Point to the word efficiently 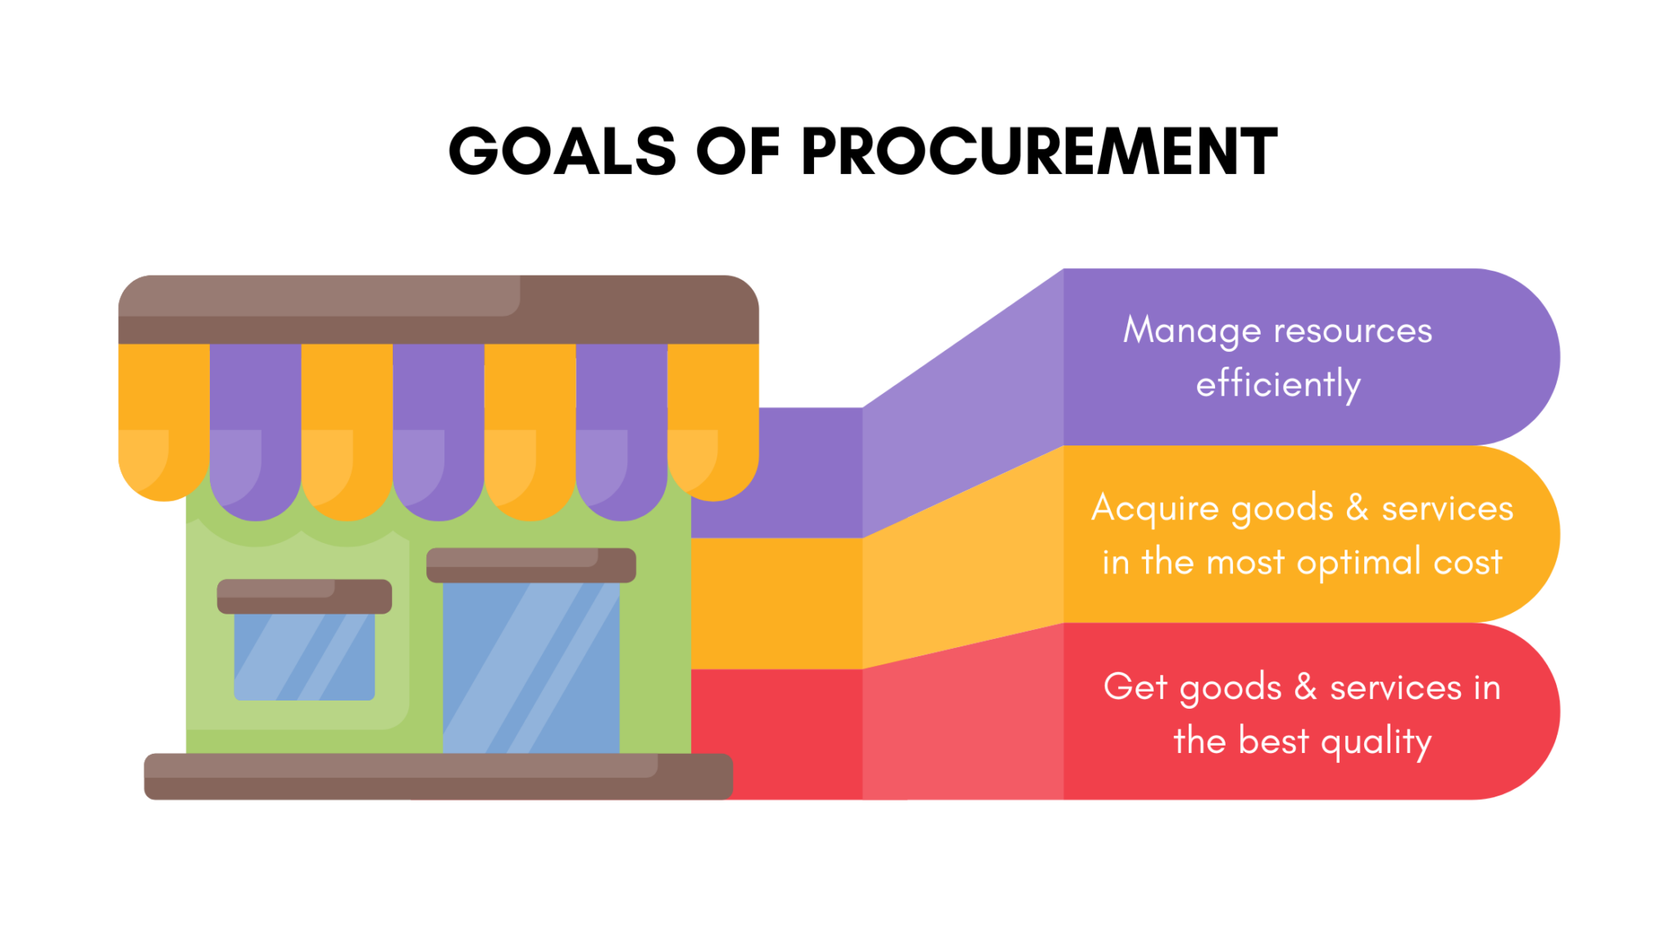[1278, 385]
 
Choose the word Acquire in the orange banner [1155, 509]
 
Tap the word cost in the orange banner [1467, 563]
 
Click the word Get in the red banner [1135, 687]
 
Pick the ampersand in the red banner [1305, 687]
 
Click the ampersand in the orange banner [1358, 508]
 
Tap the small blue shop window [304, 656]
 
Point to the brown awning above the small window [304, 596]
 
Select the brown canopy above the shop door [530, 565]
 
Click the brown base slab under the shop [438, 776]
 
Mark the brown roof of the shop [438, 309]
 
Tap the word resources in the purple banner [1353, 331]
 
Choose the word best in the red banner [1273, 741]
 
